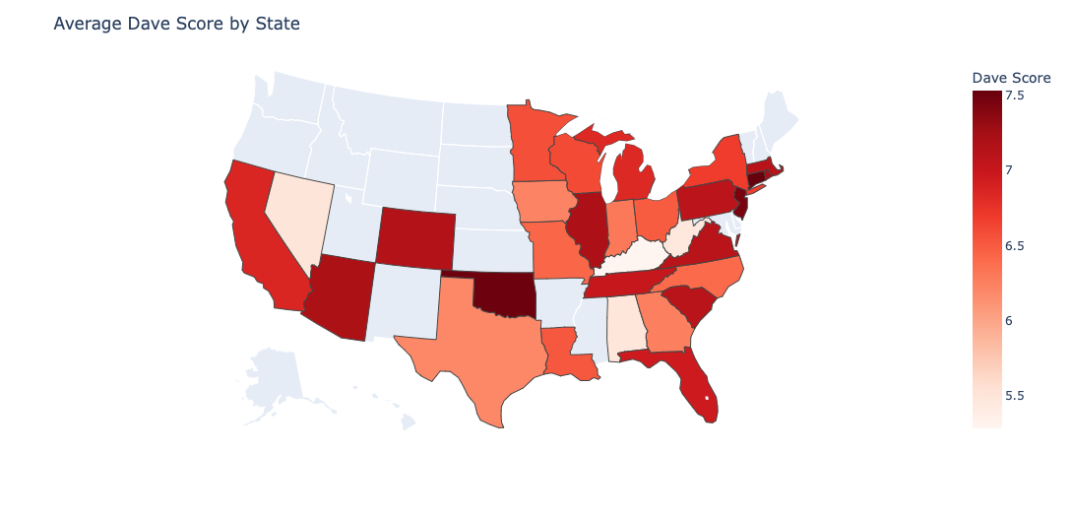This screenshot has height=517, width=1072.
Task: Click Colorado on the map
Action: [414, 237]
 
